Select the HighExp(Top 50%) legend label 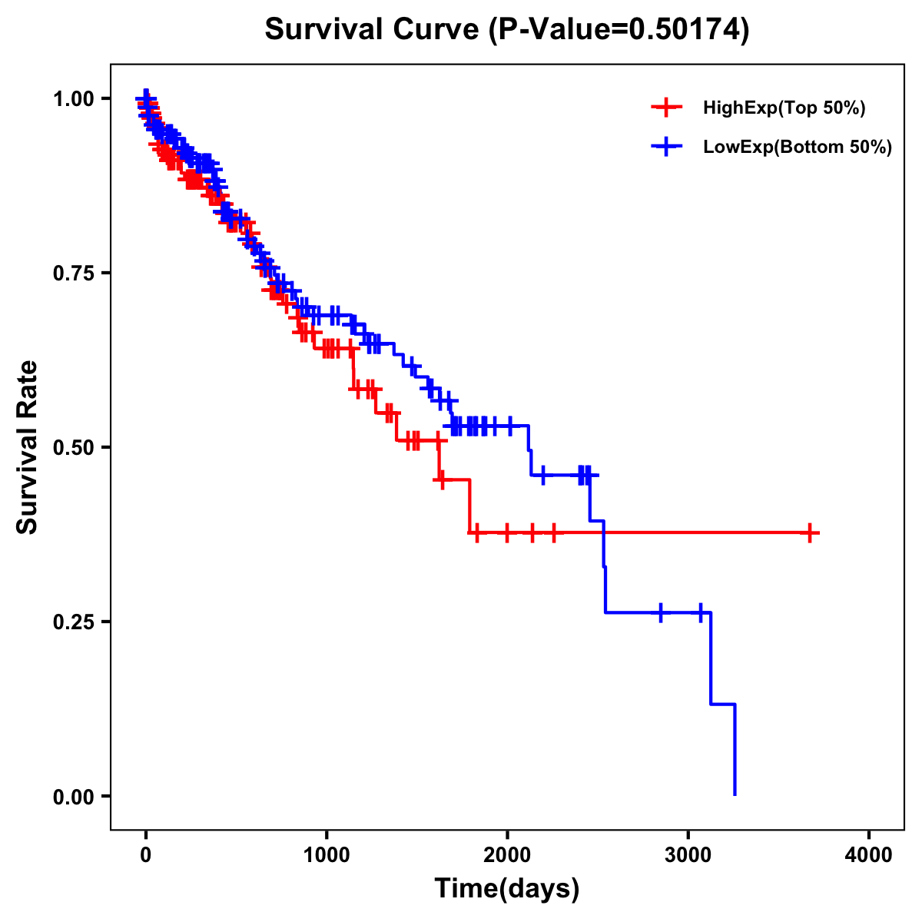pyautogui.click(x=784, y=108)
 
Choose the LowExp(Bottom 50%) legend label pyautogui.click(x=798, y=148)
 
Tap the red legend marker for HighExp pyautogui.click(x=666, y=108)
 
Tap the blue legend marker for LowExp pyautogui.click(x=666, y=147)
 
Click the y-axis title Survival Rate pyautogui.click(x=28, y=447)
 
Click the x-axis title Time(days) pyautogui.click(x=507, y=889)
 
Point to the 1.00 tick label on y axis pyautogui.click(x=72, y=99)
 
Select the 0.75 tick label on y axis pyautogui.click(x=72, y=274)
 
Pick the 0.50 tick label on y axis pyautogui.click(x=72, y=448)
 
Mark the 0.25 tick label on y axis pyautogui.click(x=72, y=622)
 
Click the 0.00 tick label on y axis pyautogui.click(x=72, y=797)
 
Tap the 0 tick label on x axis pyautogui.click(x=146, y=855)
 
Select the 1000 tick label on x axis pyautogui.click(x=327, y=855)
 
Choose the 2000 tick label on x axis pyautogui.click(x=507, y=855)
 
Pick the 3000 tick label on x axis pyautogui.click(x=688, y=855)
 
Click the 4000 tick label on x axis pyautogui.click(x=869, y=855)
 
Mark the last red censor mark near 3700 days pyautogui.click(x=810, y=532)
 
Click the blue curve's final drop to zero pyautogui.click(x=735, y=753)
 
